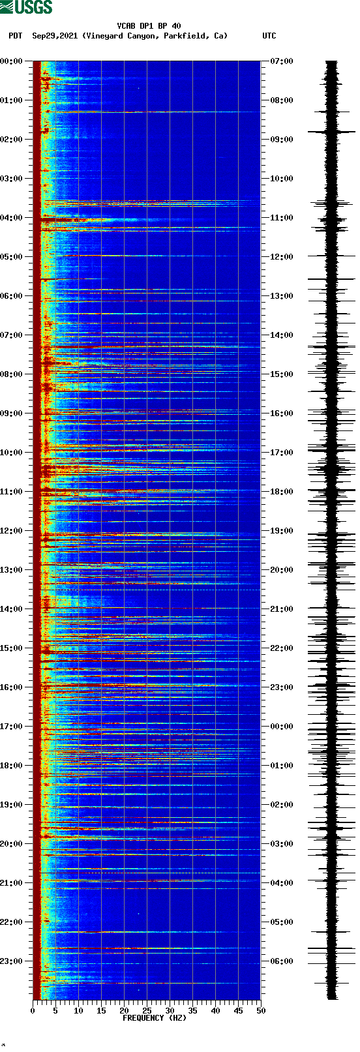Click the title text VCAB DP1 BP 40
[x=149, y=26]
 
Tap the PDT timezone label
[x=15, y=36]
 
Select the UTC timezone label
[x=269, y=36]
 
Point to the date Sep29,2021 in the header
[x=55, y=36]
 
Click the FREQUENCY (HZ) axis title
[x=155, y=1017]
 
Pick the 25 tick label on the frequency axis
[x=147, y=1010]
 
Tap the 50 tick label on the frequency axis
[x=261, y=1010]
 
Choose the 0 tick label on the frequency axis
[x=33, y=1010]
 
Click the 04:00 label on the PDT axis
[x=12, y=218]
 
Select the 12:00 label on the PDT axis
[x=12, y=531]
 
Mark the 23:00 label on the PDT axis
[x=12, y=961]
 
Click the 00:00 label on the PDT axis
[x=12, y=61]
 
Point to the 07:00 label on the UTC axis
[x=282, y=61]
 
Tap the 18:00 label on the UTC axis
[x=282, y=492]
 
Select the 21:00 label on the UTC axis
[x=282, y=609]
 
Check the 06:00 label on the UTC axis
[x=282, y=961]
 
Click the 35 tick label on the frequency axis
[x=192, y=1010]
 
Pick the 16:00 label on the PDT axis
[x=12, y=687]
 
